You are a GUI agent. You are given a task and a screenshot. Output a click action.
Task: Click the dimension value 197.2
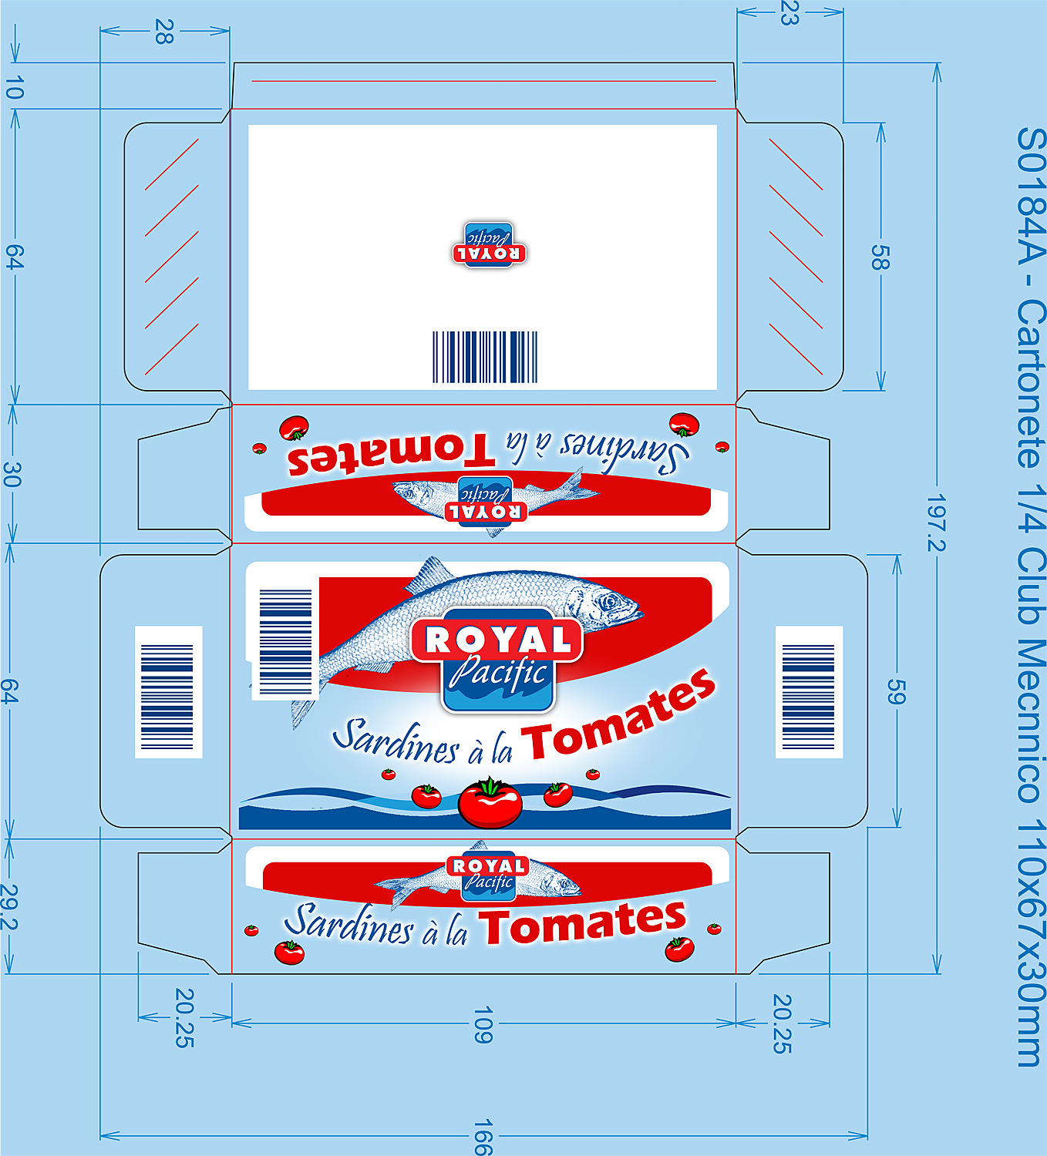pos(936,523)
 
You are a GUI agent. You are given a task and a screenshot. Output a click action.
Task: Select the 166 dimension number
pos(483,1138)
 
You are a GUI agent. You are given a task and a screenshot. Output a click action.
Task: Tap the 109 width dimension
pos(483,1025)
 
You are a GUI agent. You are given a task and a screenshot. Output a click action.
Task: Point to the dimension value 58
pos(880,257)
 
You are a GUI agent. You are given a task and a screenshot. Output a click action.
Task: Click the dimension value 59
pos(896,691)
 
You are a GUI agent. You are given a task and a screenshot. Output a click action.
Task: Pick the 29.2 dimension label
pos(10,907)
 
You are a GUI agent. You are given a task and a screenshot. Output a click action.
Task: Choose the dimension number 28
pos(164,32)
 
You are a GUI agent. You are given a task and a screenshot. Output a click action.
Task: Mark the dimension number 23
pos(789,12)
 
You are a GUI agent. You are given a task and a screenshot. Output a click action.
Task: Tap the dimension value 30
pos(12,474)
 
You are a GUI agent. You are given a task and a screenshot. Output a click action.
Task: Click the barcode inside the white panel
pos(485,357)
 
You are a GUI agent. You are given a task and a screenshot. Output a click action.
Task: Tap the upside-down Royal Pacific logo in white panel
pos(489,245)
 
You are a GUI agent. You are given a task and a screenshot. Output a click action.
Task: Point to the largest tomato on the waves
pos(490,802)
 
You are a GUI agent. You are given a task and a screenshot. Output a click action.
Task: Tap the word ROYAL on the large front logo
pos(498,640)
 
